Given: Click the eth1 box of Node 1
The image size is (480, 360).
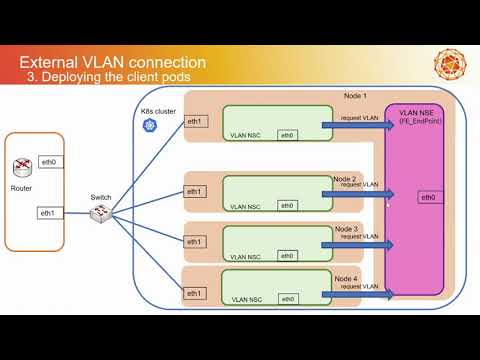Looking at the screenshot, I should coord(196,122).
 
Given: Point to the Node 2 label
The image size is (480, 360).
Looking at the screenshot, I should coord(346,178).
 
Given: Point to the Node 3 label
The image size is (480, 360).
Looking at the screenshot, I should coord(346,229).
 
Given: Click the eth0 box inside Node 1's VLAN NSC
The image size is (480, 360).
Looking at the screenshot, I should coord(287,135).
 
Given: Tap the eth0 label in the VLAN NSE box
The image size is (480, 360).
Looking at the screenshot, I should coord(427,198).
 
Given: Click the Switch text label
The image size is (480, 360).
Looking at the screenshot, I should coord(101,198).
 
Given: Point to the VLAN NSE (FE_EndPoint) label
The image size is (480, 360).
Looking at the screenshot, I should coord(420,115).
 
